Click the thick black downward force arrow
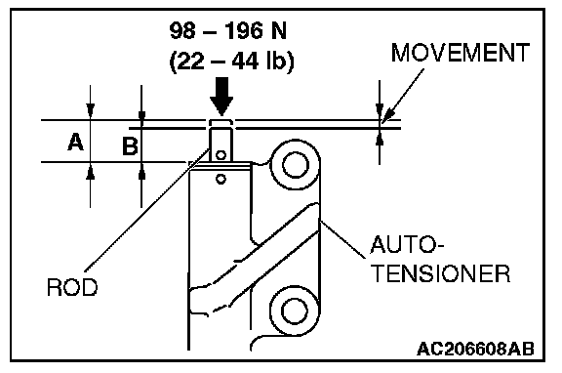point(221,96)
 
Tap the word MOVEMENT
point(461,53)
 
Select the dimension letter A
point(76,142)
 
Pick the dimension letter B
point(130,146)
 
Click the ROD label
point(72,287)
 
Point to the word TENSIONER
point(441,274)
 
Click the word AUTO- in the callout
point(407,245)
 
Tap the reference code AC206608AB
point(475,349)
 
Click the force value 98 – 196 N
point(228,31)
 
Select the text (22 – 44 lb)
point(231,62)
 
